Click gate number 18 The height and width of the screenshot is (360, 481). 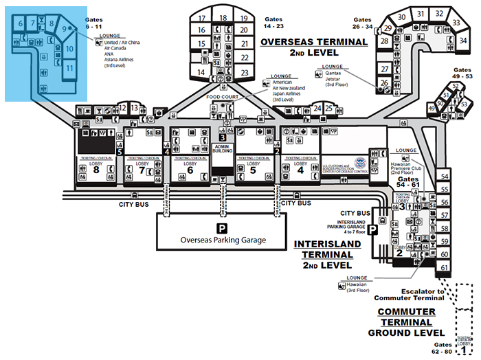point(223,18)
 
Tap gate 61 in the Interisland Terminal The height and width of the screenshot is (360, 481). point(445,267)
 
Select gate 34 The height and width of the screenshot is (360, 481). point(454,41)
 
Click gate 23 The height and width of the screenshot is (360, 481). point(244,72)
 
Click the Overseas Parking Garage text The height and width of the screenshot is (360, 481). point(222,240)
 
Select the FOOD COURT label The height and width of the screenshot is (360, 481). point(223,98)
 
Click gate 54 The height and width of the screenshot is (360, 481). point(445,176)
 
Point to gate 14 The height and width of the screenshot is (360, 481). point(202,72)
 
